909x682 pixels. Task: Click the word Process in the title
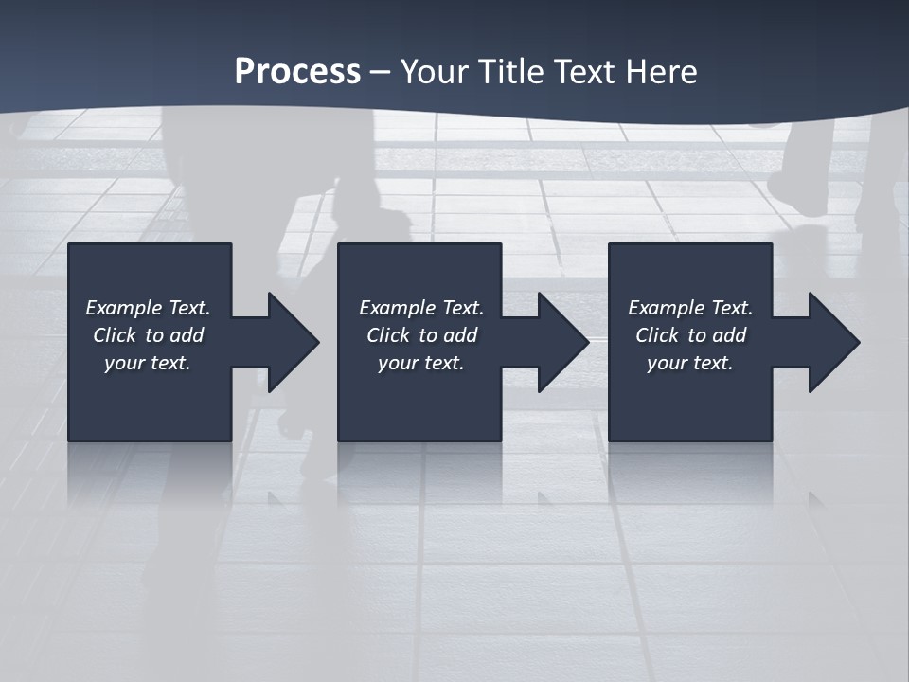coord(297,72)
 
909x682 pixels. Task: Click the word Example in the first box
coord(124,308)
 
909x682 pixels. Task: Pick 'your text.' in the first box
coord(148,363)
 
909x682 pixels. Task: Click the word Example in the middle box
coord(398,308)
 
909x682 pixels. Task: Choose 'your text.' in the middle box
coord(421,363)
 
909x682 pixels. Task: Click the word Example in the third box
coord(667,308)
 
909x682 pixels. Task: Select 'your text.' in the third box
coord(690,363)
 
